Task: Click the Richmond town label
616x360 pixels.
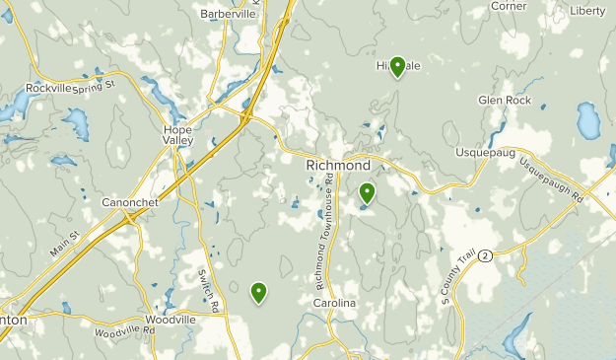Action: (338, 165)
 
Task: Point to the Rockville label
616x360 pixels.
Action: (48, 88)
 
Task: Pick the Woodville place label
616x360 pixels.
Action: (170, 320)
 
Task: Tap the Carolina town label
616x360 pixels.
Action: (334, 303)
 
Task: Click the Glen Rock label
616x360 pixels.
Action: (504, 100)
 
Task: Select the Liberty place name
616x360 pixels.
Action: (587, 11)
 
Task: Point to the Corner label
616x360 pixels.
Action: (509, 5)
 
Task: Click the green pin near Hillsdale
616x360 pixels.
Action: (397, 66)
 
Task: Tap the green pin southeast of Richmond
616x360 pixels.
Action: (367, 193)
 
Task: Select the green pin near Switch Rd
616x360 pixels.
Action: (258, 291)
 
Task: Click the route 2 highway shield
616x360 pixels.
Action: (486, 254)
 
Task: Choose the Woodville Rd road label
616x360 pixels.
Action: (125, 331)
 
